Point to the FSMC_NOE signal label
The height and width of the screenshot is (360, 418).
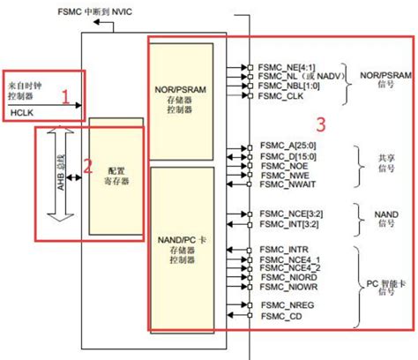pos(280,165)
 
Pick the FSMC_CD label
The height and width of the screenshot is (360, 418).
pos(278,315)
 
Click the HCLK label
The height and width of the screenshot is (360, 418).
pos(23,114)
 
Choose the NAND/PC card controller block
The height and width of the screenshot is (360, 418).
pos(183,248)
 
